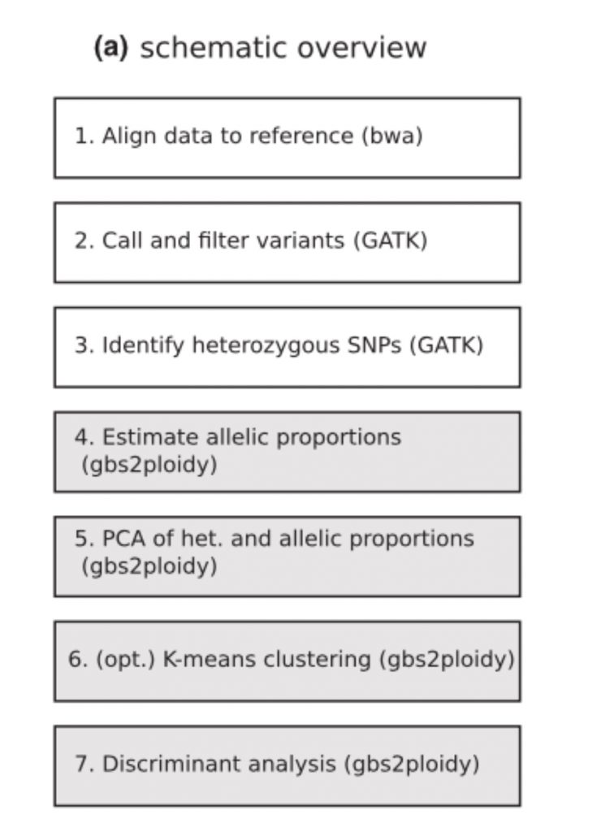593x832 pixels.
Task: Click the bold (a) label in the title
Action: pos(110,48)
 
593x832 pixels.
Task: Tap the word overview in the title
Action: pos(361,47)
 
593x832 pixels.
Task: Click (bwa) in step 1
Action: pos(392,136)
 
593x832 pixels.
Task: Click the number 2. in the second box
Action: pos(84,240)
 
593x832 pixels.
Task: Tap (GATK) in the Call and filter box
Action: pos(391,240)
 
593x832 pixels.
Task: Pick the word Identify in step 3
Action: pos(143,345)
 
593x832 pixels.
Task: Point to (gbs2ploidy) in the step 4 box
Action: pos(149,465)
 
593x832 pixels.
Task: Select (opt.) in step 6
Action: pos(125,660)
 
